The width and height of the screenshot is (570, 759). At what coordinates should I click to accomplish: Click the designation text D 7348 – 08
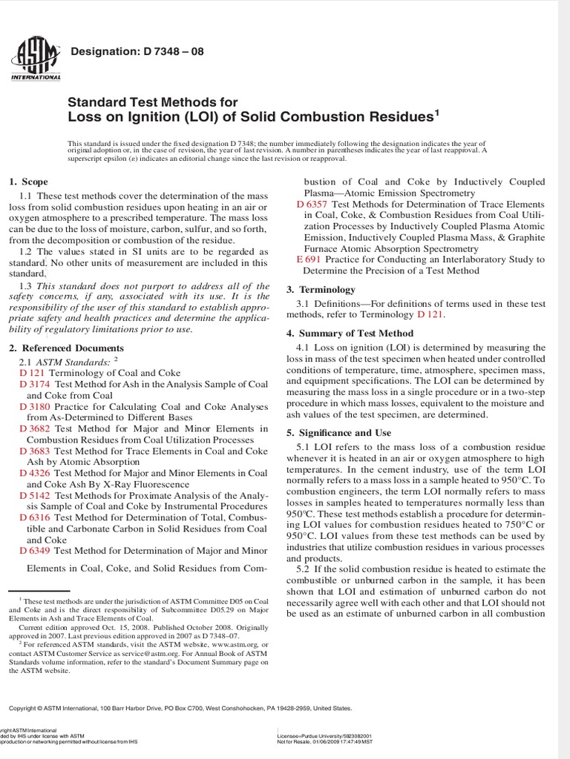tap(136, 52)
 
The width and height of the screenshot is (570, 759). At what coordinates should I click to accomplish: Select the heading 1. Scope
tap(28, 182)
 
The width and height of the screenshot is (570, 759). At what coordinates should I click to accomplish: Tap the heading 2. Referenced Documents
tap(66, 348)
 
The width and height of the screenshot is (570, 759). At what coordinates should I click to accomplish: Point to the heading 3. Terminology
tap(321, 290)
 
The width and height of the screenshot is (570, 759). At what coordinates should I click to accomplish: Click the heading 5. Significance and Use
tap(338, 433)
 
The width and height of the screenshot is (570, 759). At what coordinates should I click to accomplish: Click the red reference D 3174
tap(34, 384)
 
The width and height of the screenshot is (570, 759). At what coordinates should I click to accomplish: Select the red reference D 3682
tap(34, 428)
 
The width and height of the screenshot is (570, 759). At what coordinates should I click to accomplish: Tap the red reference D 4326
tap(34, 473)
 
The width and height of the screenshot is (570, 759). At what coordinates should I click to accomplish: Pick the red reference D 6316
tap(34, 517)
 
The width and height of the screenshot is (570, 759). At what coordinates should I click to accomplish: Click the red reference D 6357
tap(312, 204)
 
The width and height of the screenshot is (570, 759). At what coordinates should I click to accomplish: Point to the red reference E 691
tap(308, 259)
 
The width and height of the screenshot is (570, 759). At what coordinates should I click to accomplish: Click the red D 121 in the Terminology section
tap(430, 314)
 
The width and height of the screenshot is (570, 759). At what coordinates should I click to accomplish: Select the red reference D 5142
tap(34, 495)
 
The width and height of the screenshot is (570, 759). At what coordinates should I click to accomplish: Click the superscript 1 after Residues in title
tap(437, 113)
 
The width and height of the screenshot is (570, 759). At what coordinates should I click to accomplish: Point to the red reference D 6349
tap(34, 551)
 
